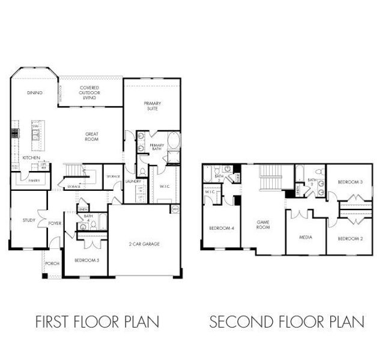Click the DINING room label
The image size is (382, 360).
(x=34, y=93)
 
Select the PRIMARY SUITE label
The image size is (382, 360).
(x=152, y=106)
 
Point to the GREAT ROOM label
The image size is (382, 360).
(x=91, y=137)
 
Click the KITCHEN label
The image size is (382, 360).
(x=31, y=158)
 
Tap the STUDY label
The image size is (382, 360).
(x=29, y=220)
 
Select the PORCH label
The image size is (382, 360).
(x=52, y=263)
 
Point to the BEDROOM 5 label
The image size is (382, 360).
(x=86, y=260)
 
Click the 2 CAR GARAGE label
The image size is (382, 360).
(x=144, y=244)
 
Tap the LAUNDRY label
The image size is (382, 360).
(x=133, y=181)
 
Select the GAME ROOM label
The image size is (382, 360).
(x=263, y=225)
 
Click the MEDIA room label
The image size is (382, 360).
(x=306, y=236)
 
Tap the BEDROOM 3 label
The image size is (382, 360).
(x=350, y=182)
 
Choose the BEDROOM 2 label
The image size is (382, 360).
(x=350, y=239)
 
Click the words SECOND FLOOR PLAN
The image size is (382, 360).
(x=286, y=322)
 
